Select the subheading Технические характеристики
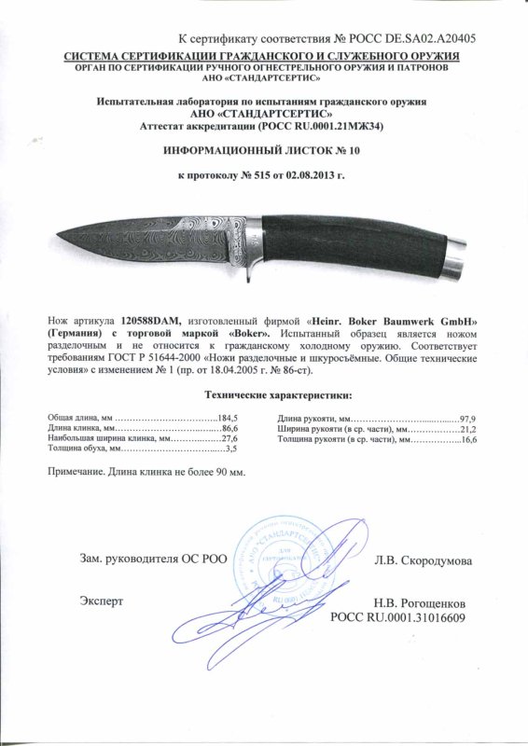click(263, 395)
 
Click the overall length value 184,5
click(229, 416)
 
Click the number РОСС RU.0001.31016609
click(398, 617)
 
